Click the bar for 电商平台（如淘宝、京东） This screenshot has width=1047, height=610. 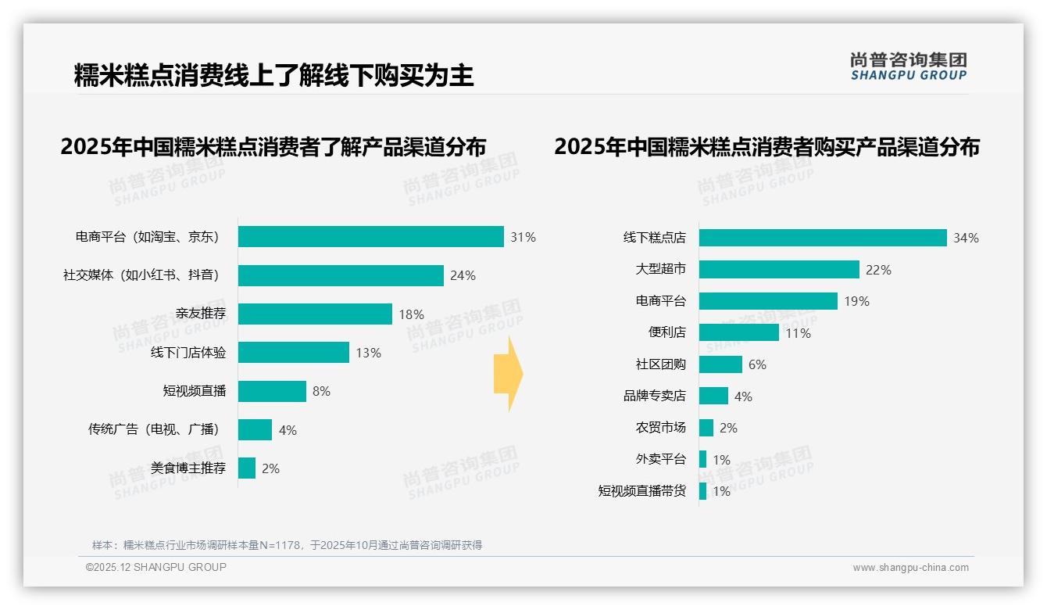coord(370,237)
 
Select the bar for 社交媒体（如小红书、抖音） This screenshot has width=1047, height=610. coord(341,275)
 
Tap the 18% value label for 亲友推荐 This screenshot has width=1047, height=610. coord(412,314)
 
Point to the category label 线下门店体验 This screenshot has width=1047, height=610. coord(188,353)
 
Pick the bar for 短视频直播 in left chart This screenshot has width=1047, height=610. coord(272,391)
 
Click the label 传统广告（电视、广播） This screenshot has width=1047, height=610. coord(154,429)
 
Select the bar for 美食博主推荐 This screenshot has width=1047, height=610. coord(247,468)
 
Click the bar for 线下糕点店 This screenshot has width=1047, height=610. coord(823,238)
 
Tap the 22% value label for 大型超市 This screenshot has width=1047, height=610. coord(879,270)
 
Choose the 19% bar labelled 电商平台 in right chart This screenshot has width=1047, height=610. coord(768,301)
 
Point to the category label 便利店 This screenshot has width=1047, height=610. coord(667,332)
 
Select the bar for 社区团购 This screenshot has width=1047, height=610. coord(720,364)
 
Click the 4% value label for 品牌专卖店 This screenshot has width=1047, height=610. coord(743,396)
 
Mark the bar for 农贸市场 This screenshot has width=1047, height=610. coord(706,428)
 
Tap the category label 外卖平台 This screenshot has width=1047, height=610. coord(661,459)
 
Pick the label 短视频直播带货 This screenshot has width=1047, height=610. coord(642,491)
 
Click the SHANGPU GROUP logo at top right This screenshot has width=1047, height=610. coord(909,66)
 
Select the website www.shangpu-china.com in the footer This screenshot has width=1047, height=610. coord(910,568)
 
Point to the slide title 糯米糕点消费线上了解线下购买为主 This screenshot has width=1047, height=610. coord(273,76)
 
